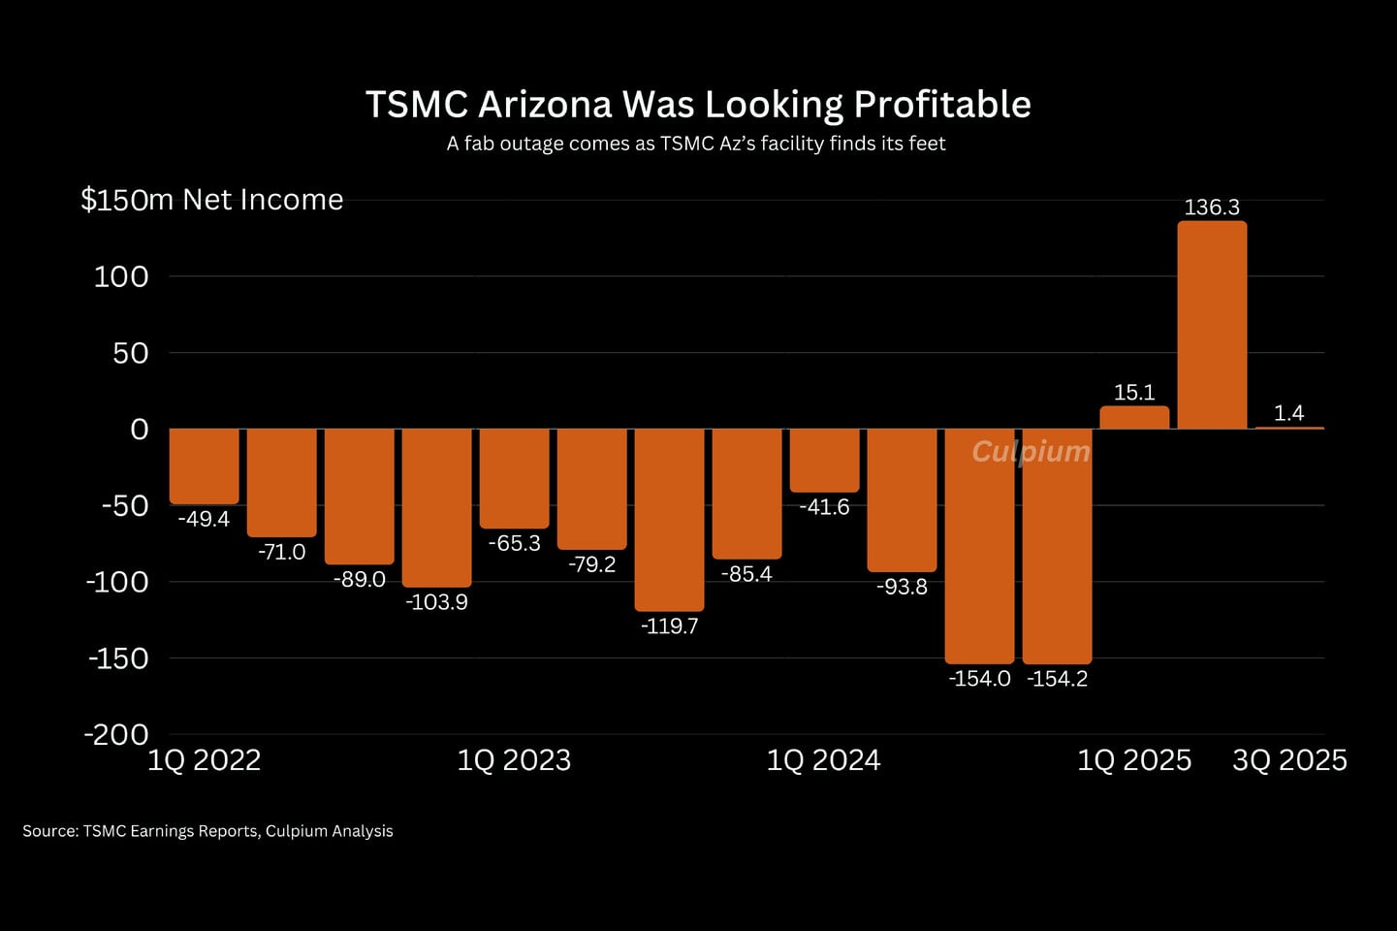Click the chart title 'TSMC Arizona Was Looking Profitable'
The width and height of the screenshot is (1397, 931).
[x=698, y=104]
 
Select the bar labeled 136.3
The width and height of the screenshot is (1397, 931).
[x=1212, y=325]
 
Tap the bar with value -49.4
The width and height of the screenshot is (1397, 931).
[x=204, y=465]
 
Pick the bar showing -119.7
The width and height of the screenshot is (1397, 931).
[x=669, y=519]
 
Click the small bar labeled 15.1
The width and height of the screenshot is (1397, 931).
[x=1134, y=417]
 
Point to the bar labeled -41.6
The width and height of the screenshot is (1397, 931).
[x=824, y=461]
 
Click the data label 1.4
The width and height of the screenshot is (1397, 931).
[x=1288, y=413]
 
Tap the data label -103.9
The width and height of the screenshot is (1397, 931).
[x=436, y=602]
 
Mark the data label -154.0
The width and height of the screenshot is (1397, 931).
[x=979, y=679]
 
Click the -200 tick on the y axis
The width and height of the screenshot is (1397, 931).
[x=116, y=734]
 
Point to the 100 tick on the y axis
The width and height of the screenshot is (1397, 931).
[x=121, y=276]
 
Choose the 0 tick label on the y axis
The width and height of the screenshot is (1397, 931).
[x=140, y=430]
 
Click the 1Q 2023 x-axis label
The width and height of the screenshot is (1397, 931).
[x=514, y=760]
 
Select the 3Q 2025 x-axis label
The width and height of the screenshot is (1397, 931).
[x=1289, y=760]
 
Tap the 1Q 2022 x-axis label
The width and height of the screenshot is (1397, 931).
[x=204, y=760]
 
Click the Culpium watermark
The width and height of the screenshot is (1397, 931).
[x=1031, y=452]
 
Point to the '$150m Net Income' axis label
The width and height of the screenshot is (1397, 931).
[x=211, y=200]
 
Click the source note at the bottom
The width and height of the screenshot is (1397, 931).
[x=207, y=831]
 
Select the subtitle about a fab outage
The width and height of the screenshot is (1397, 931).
[x=696, y=144]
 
